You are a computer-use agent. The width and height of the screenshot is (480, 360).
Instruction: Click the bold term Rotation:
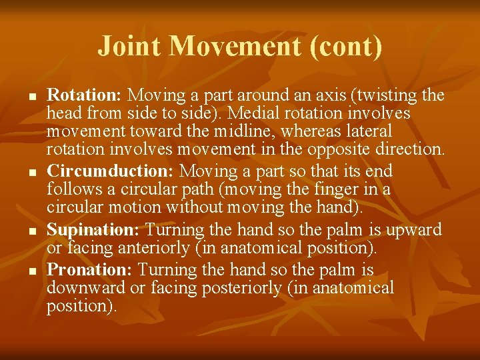click(x=85, y=95)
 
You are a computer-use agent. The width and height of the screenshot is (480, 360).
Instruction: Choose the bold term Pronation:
click(x=91, y=270)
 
